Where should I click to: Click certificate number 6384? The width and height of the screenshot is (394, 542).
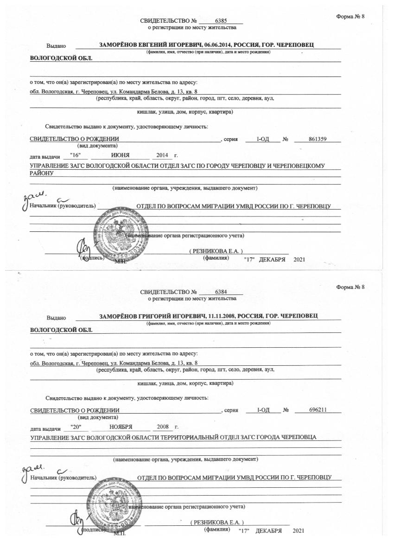point(221,292)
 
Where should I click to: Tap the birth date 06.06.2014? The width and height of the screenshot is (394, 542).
point(216,45)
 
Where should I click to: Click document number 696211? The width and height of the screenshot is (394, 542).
point(318,410)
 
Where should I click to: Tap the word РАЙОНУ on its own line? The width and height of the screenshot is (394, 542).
point(42,173)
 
